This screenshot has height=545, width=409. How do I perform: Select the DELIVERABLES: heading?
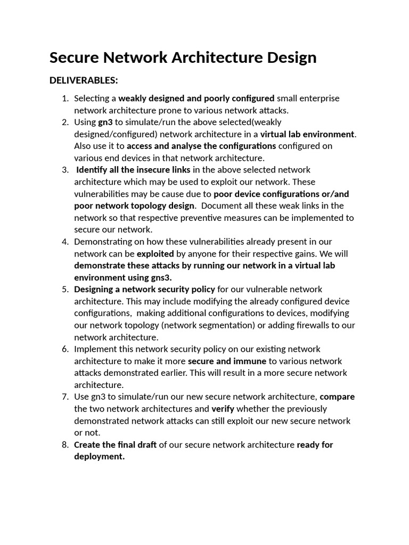tap(84, 80)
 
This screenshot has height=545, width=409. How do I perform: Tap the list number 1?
tap(65, 98)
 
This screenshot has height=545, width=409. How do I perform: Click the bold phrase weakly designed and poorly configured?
tap(196, 98)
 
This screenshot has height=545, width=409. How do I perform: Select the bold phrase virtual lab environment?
tap(307, 134)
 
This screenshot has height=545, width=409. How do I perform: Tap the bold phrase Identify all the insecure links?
tap(134, 170)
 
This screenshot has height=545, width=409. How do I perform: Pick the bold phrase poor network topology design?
tap(134, 206)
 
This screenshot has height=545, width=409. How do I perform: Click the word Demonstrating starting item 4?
tap(101, 242)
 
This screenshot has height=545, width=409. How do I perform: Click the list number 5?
tap(65, 290)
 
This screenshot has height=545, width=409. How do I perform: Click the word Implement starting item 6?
tap(94, 349)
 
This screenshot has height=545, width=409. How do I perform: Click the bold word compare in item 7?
tap(337, 397)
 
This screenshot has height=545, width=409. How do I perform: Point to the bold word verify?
tap(223, 409)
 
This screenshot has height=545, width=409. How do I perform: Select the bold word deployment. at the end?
tap(99, 457)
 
